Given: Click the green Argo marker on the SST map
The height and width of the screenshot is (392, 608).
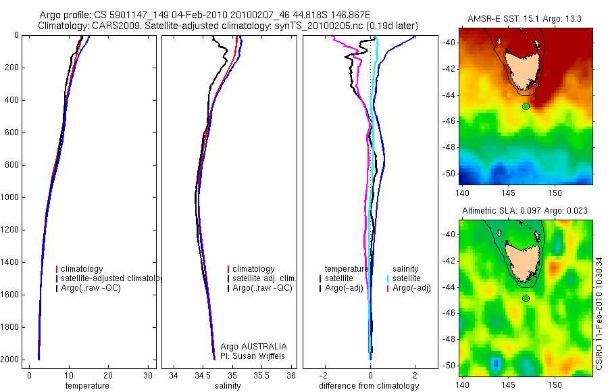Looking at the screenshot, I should tap(526, 106).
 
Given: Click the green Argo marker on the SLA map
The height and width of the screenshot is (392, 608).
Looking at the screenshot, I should tap(526, 298).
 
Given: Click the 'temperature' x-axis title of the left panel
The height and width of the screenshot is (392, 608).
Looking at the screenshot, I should tap(86, 386).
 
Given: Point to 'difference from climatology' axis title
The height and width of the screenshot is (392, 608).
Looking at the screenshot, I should tap(369, 386).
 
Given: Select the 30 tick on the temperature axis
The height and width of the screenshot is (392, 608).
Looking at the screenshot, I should tap(148, 375).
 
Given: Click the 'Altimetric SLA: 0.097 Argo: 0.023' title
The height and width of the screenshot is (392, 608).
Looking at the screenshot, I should tap(525, 212).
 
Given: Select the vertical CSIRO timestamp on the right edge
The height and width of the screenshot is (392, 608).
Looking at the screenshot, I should tap(600, 312).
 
